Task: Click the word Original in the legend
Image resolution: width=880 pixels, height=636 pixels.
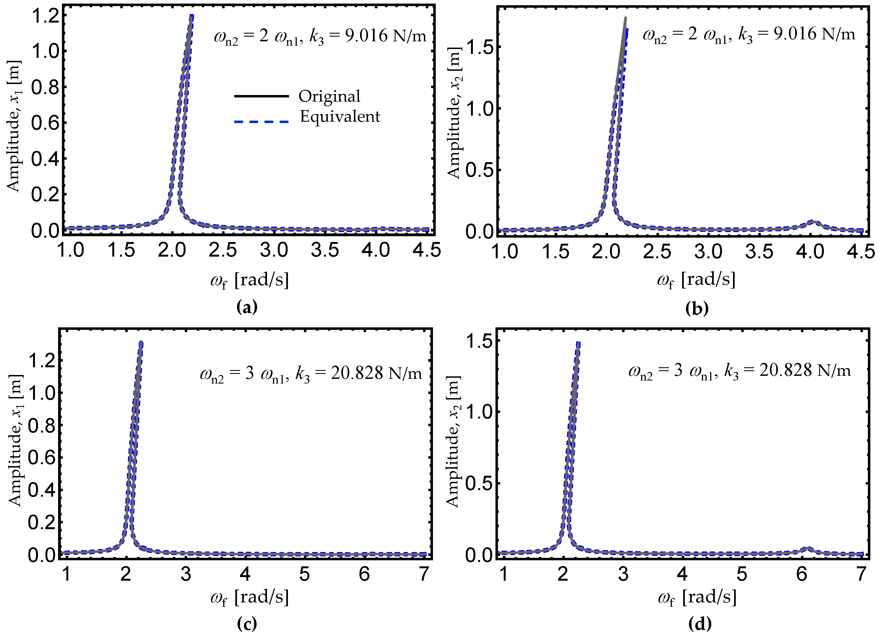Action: (329, 96)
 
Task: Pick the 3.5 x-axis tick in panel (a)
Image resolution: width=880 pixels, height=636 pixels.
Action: (325, 250)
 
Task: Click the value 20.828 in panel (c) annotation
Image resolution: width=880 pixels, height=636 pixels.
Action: (357, 373)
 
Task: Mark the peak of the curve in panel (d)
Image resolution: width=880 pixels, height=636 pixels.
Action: (578, 343)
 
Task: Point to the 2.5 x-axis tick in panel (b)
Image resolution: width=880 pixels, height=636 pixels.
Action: (657, 252)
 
